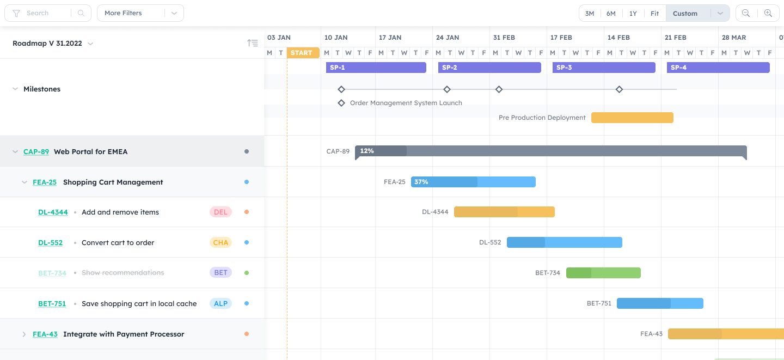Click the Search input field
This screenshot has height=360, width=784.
(x=47, y=13)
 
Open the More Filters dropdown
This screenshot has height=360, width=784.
(x=140, y=13)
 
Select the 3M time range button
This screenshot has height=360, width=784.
(x=589, y=14)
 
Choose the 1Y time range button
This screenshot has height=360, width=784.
(x=633, y=14)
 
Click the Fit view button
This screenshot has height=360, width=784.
(x=654, y=14)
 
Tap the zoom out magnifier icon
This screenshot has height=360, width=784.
(x=746, y=13)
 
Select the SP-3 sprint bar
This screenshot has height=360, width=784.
(x=603, y=68)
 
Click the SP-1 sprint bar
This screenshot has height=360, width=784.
(x=376, y=68)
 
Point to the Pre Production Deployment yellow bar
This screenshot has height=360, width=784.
(x=632, y=118)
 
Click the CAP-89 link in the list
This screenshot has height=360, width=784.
(x=36, y=151)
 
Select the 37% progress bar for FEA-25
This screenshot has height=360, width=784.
(x=473, y=182)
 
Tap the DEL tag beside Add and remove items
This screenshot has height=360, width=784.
(x=220, y=212)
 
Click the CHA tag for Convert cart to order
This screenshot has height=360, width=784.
(x=220, y=242)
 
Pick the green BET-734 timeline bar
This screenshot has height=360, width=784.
(x=603, y=273)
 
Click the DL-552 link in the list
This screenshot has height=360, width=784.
(x=50, y=242)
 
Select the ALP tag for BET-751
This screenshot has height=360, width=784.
(x=220, y=303)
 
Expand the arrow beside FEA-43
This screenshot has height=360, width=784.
(x=24, y=334)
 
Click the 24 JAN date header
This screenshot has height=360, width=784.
(x=448, y=38)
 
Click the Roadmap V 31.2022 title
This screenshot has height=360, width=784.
(x=47, y=44)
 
